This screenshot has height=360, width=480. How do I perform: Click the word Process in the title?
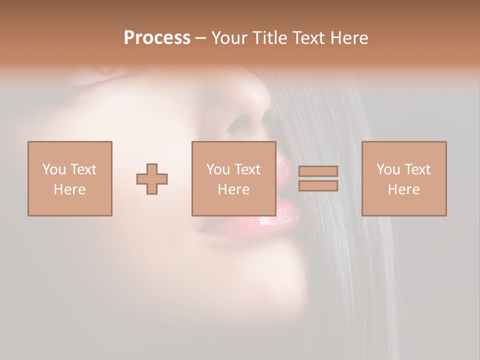(x=157, y=38)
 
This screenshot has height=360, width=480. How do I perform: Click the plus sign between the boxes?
(x=152, y=179)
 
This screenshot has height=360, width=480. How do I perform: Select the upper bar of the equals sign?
(x=318, y=171)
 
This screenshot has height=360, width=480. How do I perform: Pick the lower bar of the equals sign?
(x=318, y=186)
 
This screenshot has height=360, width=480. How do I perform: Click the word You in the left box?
(x=54, y=169)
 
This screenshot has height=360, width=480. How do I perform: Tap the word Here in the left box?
(x=69, y=189)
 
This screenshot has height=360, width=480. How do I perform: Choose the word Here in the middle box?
(x=233, y=189)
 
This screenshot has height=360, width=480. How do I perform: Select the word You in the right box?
(x=388, y=169)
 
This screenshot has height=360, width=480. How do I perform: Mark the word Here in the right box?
(x=403, y=189)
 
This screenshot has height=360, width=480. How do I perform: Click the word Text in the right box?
(x=418, y=169)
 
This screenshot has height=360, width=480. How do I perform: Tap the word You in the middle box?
(x=218, y=169)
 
